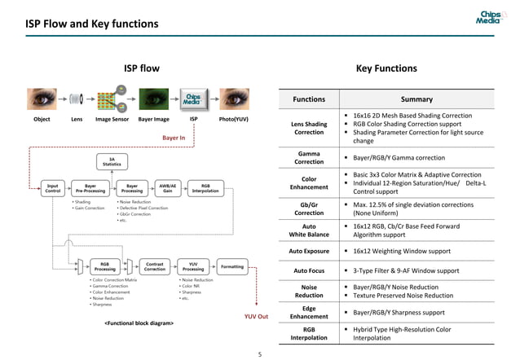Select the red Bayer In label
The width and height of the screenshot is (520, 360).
(174, 138)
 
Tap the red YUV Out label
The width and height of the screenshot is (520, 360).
(256, 316)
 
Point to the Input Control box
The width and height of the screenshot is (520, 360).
(52, 189)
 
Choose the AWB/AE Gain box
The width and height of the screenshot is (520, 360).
(167, 189)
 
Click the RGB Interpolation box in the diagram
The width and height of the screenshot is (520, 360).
(210, 189)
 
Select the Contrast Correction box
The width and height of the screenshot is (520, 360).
(154, 266)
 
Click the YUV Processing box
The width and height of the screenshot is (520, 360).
(193, 266)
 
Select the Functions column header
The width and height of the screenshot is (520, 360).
(309, 99)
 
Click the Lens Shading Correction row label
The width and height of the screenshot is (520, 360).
(309, 128)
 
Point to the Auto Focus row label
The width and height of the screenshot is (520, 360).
(309, 270)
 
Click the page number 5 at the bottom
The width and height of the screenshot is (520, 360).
(259, 354)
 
